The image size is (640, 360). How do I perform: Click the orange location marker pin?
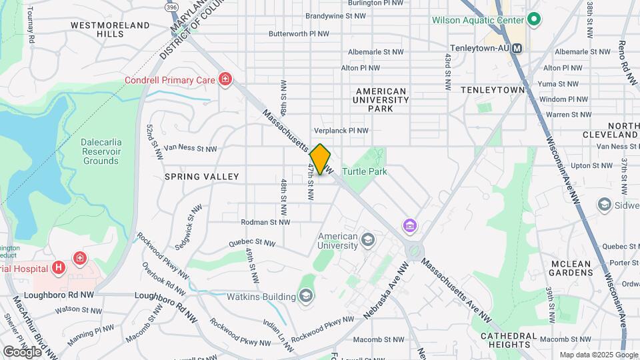(320, 159)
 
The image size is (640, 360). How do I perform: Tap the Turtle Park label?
(365, 171)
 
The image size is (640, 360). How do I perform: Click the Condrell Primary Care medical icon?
(225, 80)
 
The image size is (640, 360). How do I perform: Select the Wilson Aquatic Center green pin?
(533, 19)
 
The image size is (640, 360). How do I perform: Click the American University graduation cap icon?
(367, 239)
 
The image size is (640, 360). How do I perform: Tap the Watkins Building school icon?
(306, 295)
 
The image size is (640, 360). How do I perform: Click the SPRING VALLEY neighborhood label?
(201, 177)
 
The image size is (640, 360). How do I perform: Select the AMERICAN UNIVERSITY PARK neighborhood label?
(381, 99)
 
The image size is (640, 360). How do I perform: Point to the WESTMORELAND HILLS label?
(110, 29)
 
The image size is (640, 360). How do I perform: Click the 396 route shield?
(172, 6)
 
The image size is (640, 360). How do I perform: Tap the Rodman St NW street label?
(266, 222)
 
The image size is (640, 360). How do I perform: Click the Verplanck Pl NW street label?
(341, 131)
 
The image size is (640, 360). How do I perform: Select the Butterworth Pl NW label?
(299, 33)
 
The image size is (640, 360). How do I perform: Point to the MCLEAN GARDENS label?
(571, 269)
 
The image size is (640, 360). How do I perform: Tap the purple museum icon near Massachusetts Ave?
(409, 226)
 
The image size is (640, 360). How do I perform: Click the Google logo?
(22, 351)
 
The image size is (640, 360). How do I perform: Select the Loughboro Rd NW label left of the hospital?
(59, 294)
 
